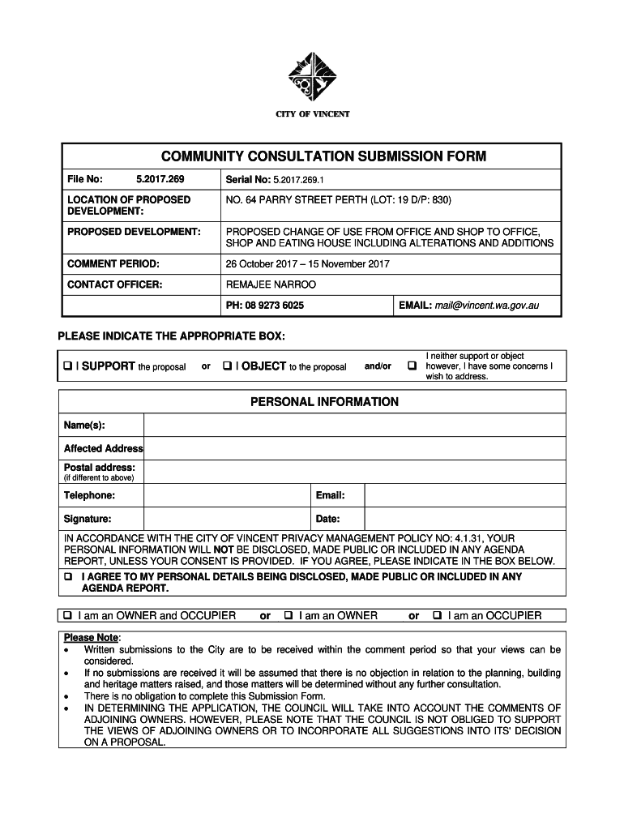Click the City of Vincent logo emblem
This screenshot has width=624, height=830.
point(318,79)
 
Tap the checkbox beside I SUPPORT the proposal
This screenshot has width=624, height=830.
point(68,366)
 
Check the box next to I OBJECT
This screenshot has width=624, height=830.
point(228,366)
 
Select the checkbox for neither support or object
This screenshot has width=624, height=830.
point(412,366)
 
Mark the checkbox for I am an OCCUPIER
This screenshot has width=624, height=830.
point(438,616)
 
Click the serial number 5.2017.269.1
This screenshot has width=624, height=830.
point(299,179)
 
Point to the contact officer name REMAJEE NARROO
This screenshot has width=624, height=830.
point(271,285)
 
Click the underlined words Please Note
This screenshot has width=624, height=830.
point(91,638)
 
